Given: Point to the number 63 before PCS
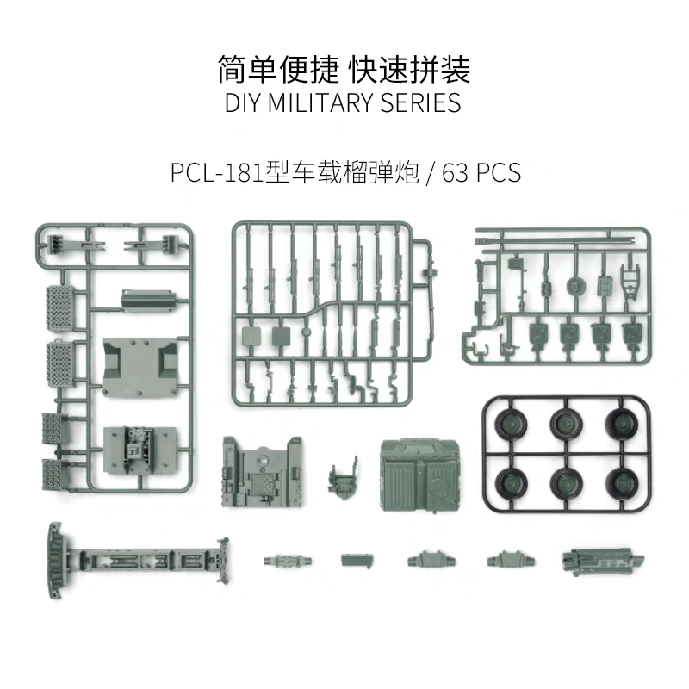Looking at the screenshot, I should click(x=457, y=172).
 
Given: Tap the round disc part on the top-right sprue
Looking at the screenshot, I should click(x=574, y=285).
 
